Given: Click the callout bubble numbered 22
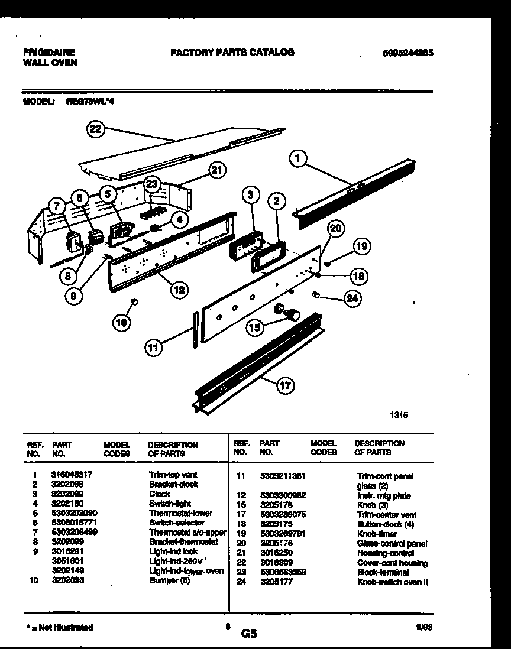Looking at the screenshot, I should point(94,130).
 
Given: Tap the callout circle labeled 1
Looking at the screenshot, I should point(299,158).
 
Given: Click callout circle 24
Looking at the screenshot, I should point(352,298).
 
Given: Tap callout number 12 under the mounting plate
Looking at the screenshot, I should point(179,290).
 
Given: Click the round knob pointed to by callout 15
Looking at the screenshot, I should point(291,314).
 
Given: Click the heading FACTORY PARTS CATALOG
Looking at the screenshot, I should point(232,52).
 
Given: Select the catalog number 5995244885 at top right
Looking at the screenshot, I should point(409,53).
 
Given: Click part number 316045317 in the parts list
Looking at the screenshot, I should point(71,475).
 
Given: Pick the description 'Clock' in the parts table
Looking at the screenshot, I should point(159,494).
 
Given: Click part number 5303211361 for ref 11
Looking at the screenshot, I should point(282,476).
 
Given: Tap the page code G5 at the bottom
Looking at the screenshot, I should point(248,634).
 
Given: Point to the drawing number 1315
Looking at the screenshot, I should point(398,416).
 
